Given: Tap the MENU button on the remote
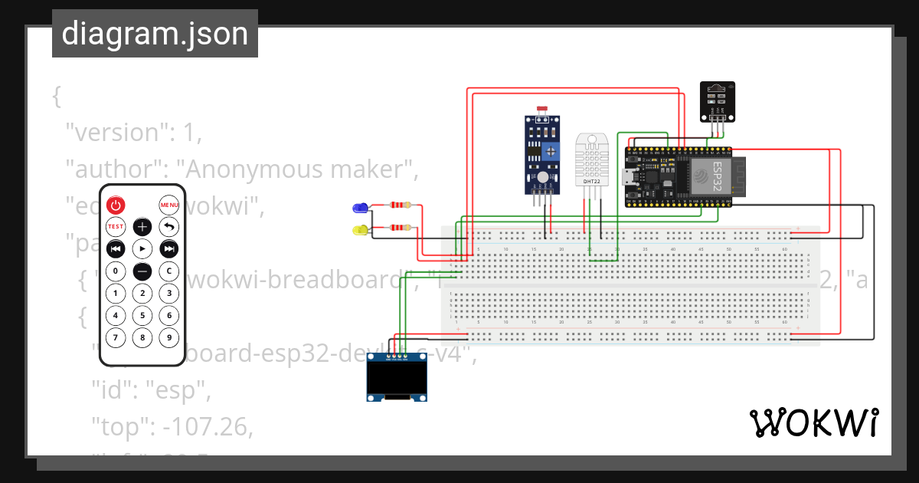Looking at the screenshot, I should [169, 205].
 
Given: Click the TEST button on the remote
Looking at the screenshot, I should [116, 227].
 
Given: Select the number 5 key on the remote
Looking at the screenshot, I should [142, 315].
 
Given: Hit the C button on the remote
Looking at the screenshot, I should [169, 271].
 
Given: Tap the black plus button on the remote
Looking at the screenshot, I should [142, 227].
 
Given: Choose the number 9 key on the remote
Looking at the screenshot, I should [169, 337].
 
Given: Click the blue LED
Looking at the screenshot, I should [359, 207].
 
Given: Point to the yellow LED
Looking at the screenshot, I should [359, 229].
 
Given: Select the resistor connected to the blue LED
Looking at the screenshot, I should [401, 205].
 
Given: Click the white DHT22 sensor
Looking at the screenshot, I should [591, 161].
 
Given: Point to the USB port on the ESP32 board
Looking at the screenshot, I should [630, 176].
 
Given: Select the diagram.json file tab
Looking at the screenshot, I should [155, 34].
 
